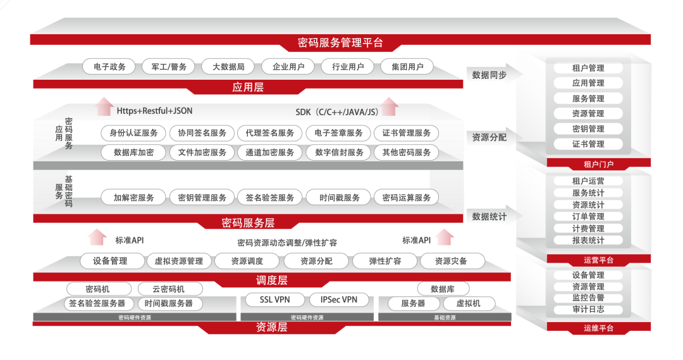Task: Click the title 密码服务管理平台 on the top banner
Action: coord(340,44)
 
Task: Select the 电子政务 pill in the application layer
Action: coord(109,66)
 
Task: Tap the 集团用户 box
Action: coord(407,66)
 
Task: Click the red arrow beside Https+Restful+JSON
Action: coord(103,107)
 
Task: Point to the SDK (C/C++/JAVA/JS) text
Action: coord(337,112)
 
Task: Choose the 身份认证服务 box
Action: coord(133,133)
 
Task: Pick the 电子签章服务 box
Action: coord(338,133)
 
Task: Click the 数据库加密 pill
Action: coord(133,152)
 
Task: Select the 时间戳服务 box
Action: coord(339,197)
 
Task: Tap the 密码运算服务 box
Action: coord(406,197)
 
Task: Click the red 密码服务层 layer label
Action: coord(248,223)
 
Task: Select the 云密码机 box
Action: coord(169,289)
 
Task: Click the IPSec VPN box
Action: coord(338,300)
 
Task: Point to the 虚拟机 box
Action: coord(468,304)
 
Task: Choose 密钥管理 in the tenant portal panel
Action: coord(588,128)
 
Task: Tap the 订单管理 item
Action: coord(588,216)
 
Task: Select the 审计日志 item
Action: coord(588,309)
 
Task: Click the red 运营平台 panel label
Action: coord(598,260)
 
